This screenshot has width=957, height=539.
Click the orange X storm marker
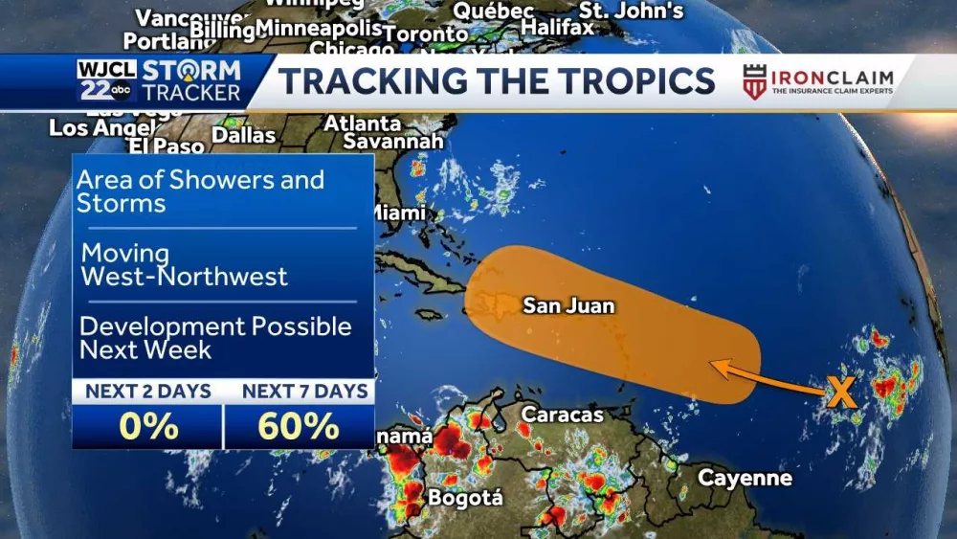[840, 393]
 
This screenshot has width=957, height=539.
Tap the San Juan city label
[568, 306]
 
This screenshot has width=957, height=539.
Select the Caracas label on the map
[562, 415]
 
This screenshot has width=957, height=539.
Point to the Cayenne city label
[745, 478]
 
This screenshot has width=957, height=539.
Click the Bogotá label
[465, 498]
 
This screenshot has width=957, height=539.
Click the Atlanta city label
[363, 124]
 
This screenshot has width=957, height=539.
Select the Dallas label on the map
[243, 135]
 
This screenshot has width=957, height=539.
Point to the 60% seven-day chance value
[299, 425]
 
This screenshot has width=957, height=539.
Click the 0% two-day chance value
[148, 425]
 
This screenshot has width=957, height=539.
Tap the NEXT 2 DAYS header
[148, 391]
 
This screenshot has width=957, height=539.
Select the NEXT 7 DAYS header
[304, 391]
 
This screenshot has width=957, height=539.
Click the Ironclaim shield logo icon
[754, 82]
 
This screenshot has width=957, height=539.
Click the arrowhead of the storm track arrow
[714, 364]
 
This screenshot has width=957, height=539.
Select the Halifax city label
[558, 28]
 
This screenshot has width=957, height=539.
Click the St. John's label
[632, 11]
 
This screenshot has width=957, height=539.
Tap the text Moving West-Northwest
[184, 265]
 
